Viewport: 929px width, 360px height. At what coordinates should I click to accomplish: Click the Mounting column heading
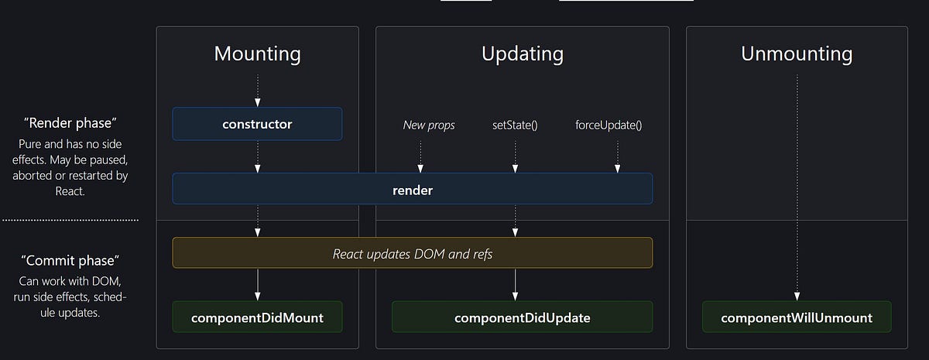pyautogui.click(x=257, y=54)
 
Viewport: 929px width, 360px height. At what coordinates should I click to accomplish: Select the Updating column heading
pyautogui.click(x=522, y=54)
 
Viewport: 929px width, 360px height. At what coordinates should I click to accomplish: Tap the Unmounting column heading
pyautogui.click(x=797, y=54)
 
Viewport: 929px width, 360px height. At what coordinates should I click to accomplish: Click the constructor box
pyautogui.click(x=257, y=124)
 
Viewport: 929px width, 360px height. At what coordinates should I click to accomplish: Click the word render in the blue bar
pyautogui.click(x=412, y=190)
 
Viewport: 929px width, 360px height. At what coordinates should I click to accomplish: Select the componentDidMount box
pyautogui.click(x=257, y=317)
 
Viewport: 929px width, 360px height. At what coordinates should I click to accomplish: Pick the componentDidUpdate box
pyautogui.click(x=522, y=317)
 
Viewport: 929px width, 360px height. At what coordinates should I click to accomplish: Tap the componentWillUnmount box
pyautogui.click(x=797, y=317)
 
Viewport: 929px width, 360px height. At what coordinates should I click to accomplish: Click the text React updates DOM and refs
pyautogui.click(x=412, y=253)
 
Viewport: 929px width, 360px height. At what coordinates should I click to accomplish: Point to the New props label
pyautogui.click(x=429, y=125)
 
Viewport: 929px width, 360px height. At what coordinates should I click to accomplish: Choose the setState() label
pyautogui.click(x=514, y=125)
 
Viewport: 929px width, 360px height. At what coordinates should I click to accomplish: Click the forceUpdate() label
pyautogui.click(x=608, y=125)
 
